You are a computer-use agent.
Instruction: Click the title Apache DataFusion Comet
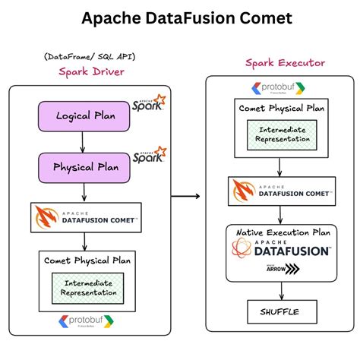point(180,17)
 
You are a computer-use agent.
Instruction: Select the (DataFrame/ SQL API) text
point(87,57)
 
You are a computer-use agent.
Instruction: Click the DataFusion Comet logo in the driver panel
point(87,216)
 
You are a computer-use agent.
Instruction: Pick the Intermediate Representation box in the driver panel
point(87,288)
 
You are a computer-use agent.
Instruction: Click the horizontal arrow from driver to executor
point(186,197)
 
